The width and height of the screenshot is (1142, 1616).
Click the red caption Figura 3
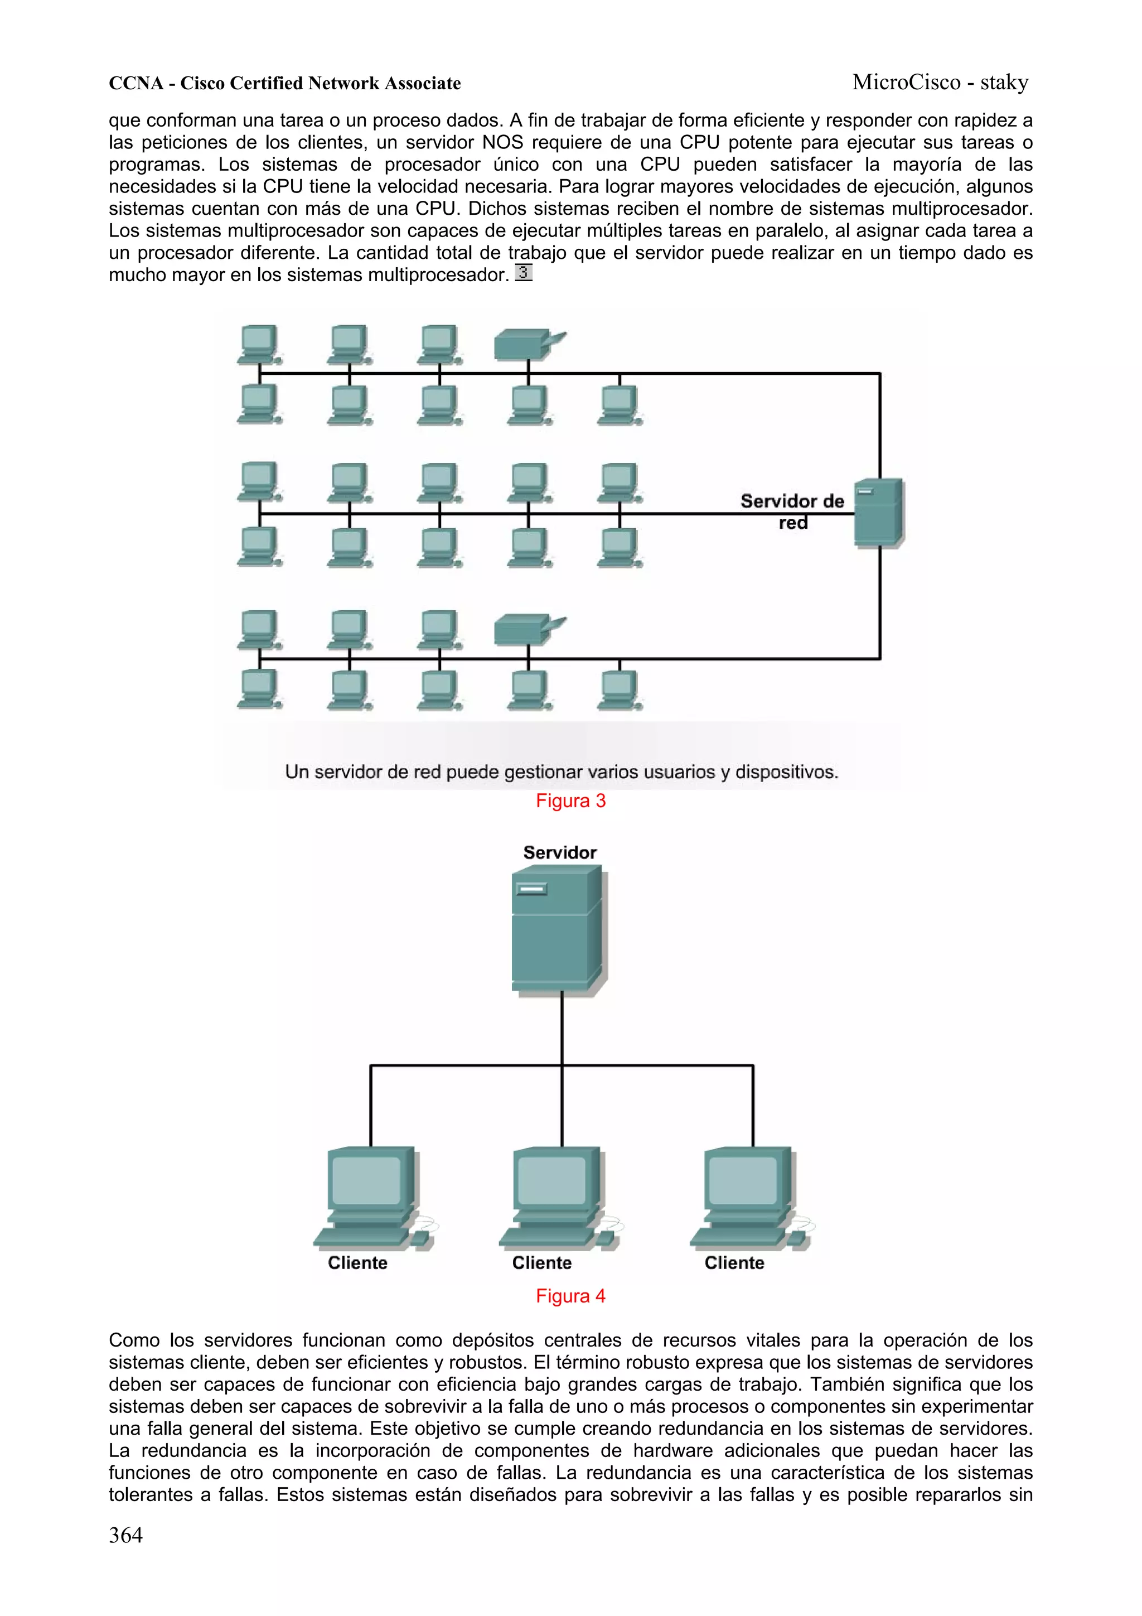[570, 801]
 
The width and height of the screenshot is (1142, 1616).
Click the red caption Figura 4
[570, 1296]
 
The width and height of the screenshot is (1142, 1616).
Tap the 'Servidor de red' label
[792, 511]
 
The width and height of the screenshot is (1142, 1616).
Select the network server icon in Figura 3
[879, 513]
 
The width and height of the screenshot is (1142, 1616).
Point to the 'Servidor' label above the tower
[559, 852]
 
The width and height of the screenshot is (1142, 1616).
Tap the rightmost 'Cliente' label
[734, 1263]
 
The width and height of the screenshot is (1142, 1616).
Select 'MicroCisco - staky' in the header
[940, 83]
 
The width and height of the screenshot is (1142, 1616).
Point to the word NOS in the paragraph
[502, 143]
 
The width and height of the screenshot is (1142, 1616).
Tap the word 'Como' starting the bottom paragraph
[134, 1340]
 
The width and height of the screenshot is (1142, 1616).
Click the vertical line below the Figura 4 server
[562, 1028]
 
